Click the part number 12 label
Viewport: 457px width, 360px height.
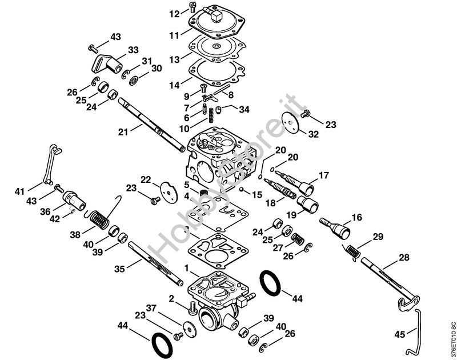coord(175,14)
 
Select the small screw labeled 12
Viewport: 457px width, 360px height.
coord(192,6)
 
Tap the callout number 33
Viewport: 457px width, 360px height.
coord(133,50)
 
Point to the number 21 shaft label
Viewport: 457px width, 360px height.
coord(123,132)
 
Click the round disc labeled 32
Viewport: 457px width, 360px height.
coord(291,123)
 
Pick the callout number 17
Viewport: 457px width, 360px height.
coord(323,175)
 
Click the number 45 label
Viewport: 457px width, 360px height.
coord(400,334)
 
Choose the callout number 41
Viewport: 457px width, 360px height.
coord(19,191)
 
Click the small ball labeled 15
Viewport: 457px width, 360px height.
coord(241,190)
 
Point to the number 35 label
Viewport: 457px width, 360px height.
coord(119,269)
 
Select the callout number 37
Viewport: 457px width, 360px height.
coord(151,308)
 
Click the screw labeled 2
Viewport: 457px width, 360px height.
coord(192,307)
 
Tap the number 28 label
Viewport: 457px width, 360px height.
coord(404,257)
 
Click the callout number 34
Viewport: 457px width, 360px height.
coord(244,109)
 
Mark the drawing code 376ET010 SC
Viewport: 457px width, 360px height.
coord(452,338)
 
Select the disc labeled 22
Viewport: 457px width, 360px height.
coord(169,192)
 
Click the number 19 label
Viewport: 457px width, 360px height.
coord(291,215)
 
